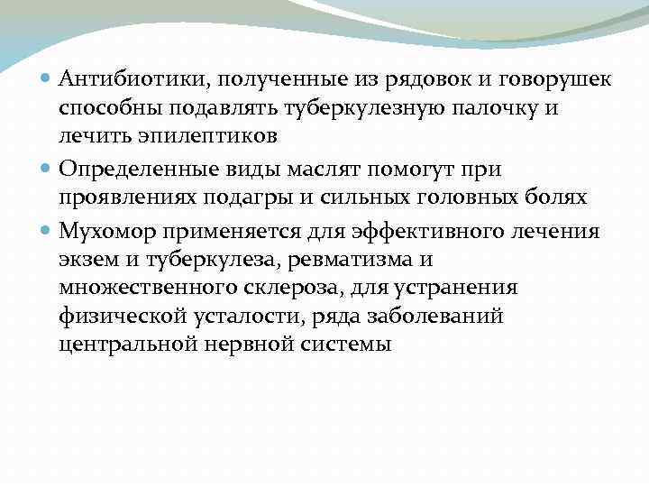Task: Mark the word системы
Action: (x=347, y=344)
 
